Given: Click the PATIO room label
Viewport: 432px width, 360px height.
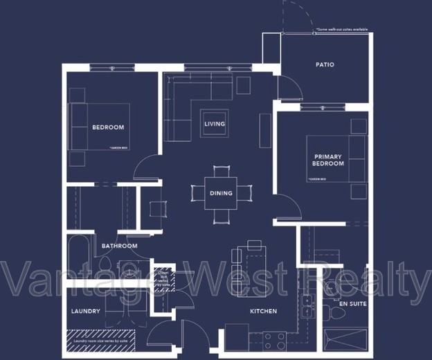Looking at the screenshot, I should pos(325,64).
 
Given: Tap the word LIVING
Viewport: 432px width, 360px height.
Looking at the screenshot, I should pos(215,124).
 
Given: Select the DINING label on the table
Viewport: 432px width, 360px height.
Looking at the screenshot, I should pos(221,193).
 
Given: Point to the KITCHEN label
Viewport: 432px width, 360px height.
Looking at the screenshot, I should pos(263,312).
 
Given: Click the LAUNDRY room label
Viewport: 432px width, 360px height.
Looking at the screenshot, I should pos(86,312).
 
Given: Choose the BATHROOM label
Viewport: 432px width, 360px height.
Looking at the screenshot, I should pos(119,246).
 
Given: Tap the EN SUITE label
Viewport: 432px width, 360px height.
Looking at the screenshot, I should pos(353,303).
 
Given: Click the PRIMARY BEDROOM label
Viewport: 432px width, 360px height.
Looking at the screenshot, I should pos(327,161).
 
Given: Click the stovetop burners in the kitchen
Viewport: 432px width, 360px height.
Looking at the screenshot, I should pos(276,340).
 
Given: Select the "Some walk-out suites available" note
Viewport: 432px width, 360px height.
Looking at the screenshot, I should pos(341,30).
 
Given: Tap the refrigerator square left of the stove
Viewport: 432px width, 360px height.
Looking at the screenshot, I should pos(235,339).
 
